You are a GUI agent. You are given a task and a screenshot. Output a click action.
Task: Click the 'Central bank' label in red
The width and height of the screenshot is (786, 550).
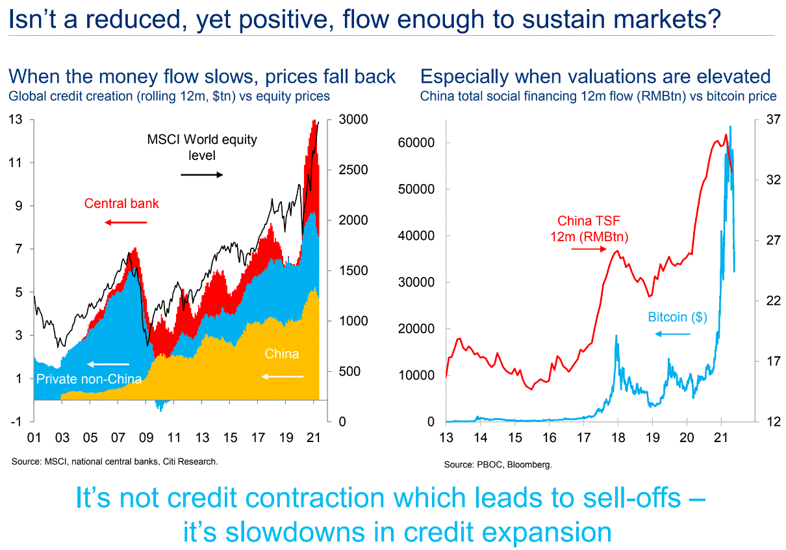click(121, 203)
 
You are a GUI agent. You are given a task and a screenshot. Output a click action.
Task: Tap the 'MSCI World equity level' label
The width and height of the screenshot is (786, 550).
click(202, 147)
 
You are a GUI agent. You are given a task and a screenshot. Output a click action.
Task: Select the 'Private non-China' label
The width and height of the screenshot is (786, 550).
click(88, 379)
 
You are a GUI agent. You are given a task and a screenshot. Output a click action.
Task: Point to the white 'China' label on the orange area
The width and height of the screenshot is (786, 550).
click(282, 354)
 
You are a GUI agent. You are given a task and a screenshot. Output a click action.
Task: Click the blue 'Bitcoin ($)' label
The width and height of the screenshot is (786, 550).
click(678, 317)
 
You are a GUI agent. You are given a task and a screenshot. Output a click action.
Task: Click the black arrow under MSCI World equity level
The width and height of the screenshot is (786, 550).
click(201, 174)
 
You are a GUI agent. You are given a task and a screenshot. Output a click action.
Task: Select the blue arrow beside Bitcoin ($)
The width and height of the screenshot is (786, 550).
click(672, 334)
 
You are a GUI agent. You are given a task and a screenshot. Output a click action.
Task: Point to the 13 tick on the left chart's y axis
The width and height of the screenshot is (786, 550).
click(16, 120)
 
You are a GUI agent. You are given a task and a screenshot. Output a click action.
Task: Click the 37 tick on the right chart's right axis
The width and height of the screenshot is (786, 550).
click(771, 120)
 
